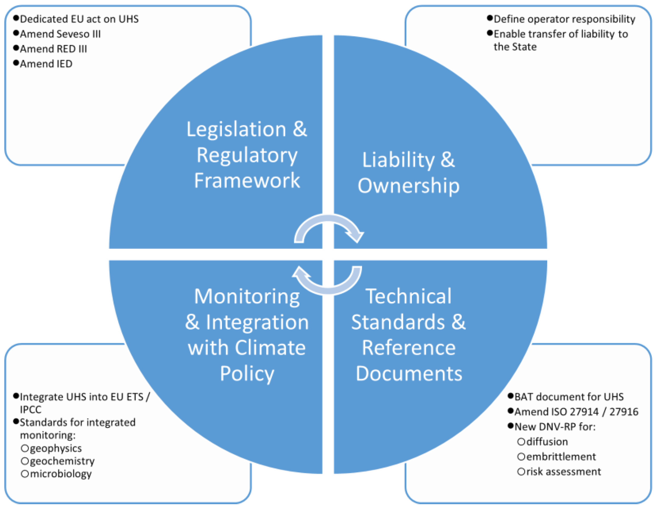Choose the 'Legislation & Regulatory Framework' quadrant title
tap(247, 155)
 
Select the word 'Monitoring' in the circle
tap(247, 296)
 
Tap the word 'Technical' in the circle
tap(408, 296)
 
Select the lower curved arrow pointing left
tap(327, 281)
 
